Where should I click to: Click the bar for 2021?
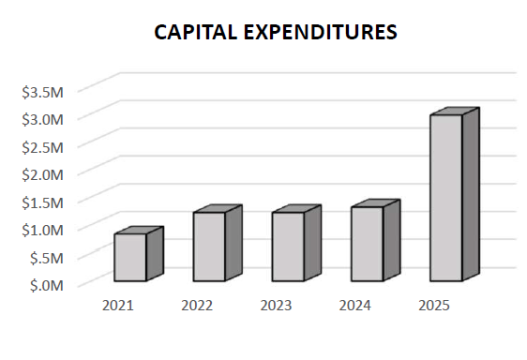point(130,257)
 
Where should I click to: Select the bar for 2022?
point(209,247)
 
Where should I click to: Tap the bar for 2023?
point(288,247)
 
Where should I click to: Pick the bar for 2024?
point(367,244)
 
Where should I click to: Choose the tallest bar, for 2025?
point(445,198)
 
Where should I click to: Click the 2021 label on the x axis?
point(118,306)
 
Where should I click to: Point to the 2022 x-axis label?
point(197,306)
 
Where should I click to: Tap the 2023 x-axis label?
point(276,306)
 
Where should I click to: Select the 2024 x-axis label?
point(355,306)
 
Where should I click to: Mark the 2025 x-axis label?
point(434,306)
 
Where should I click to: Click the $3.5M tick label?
point(42,92)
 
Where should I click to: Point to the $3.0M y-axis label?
point(42,119)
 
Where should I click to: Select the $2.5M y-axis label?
point(42,147)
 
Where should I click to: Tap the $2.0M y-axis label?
point(42,174)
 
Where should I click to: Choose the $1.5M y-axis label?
point(42,202)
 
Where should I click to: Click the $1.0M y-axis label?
point(42,229)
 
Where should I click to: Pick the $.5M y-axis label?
point(46,257)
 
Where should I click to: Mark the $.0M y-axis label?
point(46,284)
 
